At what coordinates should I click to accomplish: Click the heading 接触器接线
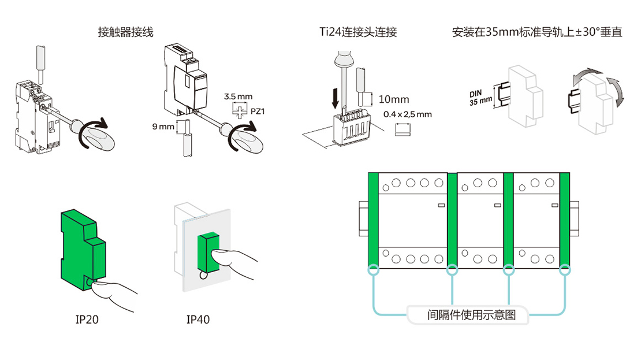tap(126, 32)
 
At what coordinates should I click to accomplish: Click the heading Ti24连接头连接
tap(358, 32)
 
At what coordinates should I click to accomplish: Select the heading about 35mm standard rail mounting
tap(537, 32)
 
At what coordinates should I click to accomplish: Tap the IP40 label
tap(198, 319)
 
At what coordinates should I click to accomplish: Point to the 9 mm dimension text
tap(163, 125)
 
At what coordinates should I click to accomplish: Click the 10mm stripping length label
tap(395, 99)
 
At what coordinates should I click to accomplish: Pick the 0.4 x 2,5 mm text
tap(408, 114)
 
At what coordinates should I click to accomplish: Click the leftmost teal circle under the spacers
tap(373, 269)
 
